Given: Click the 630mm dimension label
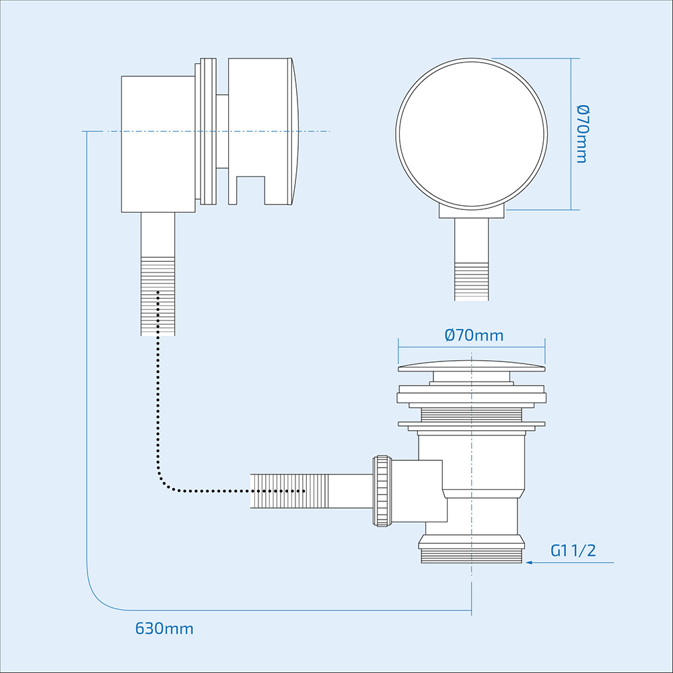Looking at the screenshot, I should tap(164, 629).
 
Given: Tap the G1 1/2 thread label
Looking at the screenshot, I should tap(573, 551).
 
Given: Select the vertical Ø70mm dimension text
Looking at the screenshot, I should tap(581, 133).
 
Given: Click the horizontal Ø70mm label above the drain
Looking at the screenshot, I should tap(474, 334).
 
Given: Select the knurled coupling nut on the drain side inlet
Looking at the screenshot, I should tap(382, 491).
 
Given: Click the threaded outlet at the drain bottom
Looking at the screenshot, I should tap(471, 555).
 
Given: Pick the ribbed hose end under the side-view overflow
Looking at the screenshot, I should tap(157, 296).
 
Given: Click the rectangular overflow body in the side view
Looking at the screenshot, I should tap(158, 144).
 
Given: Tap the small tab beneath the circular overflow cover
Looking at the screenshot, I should tap(471, 212).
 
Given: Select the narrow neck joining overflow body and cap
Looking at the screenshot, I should tap(223, 131).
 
